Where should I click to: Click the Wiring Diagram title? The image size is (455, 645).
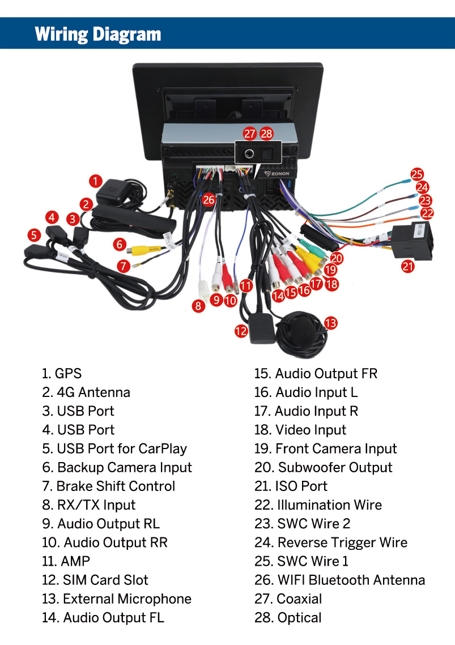coord(98,33)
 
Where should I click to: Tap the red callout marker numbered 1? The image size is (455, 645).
coord(96,181)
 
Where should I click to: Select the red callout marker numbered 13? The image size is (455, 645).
coord(331,323)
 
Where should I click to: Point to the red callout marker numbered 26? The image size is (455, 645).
coord(209,199)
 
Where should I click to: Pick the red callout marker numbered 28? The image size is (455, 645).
coord(266,134)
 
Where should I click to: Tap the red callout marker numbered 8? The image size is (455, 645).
coord(198,306)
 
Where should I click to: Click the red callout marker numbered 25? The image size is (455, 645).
coord(417,174)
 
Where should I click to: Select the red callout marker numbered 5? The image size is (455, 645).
coord(35,234)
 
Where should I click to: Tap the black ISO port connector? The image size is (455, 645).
coord(410,239)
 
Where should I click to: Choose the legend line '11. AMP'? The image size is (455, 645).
coord(66,561)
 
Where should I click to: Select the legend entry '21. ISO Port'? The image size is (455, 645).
coord(291,486)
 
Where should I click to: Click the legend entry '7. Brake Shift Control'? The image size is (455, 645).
coord(108,486)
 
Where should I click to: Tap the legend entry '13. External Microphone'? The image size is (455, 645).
coord(116,599)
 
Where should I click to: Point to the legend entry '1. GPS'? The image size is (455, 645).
coord(61,374)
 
